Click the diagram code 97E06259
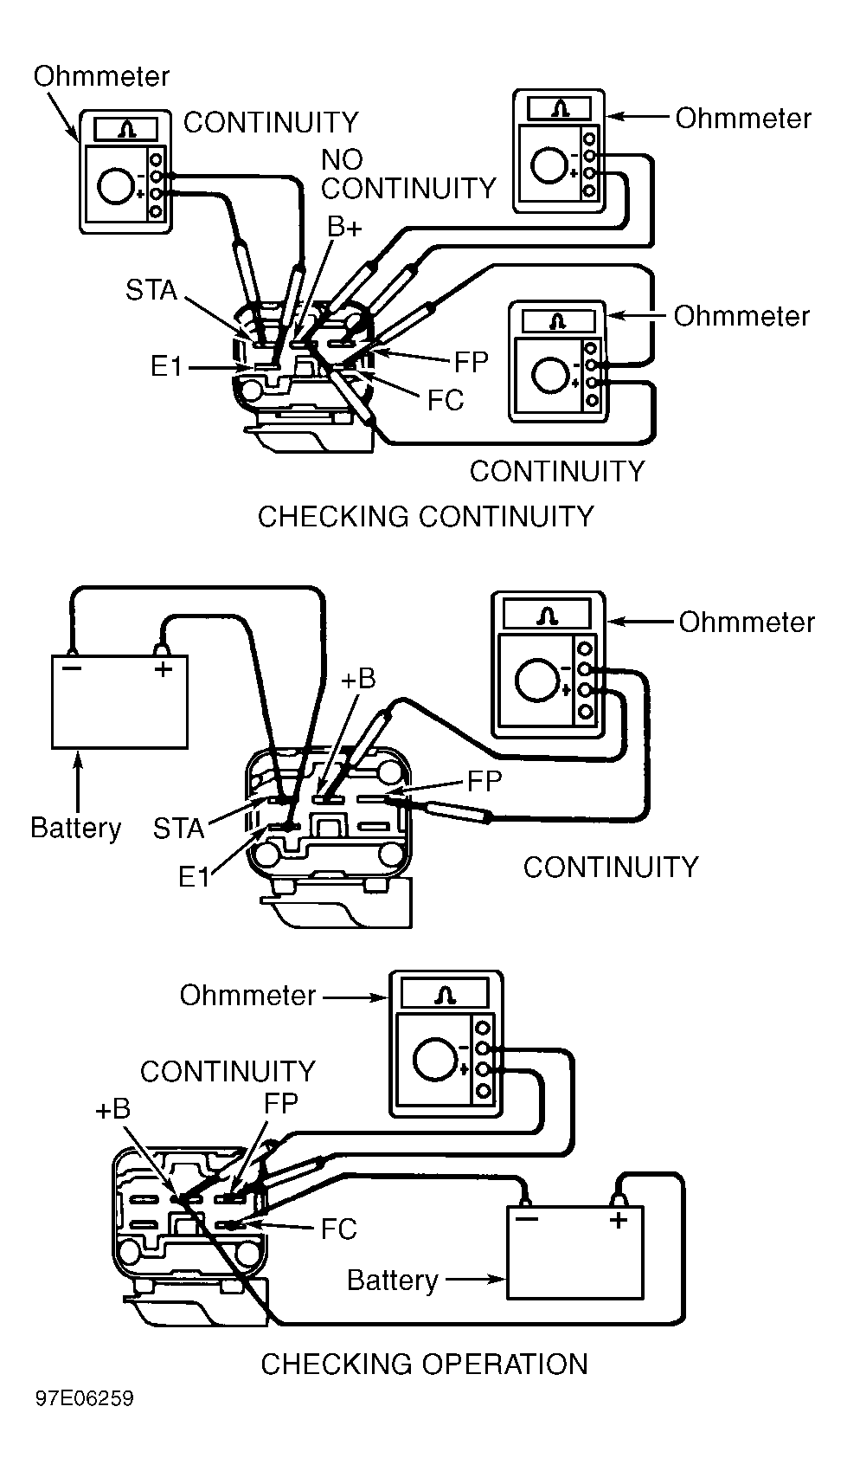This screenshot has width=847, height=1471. click(x=85, y=1399)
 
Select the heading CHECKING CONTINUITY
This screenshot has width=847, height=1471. click(x=426, y=517)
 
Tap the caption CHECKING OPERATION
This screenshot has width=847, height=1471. click(x=424, y=1365)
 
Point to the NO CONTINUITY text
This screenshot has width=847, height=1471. click(x=407, y=174)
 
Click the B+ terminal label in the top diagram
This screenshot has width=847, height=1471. click(x=344, y=227)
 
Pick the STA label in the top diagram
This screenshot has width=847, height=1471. click(x=151, y=290)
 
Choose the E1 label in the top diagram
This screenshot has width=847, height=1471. click(x=167, y=367)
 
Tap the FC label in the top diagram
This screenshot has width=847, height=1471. click(x=446, y=400)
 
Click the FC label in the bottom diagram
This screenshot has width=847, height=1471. click(x=338, y=1229)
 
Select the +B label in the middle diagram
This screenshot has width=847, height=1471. click(x=357, y=679)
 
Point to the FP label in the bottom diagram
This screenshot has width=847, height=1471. click(x=280, y=1103)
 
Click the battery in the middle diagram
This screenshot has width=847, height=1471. click(x=119, y=703)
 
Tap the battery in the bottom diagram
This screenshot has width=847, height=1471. click(x=574, y=1253)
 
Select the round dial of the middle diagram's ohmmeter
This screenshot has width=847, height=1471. click(x=534, y=679)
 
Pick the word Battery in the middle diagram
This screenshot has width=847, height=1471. click(x=75, y=828)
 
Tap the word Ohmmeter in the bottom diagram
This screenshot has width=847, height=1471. click(x=247, y=996)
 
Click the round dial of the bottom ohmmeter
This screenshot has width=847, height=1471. click(x=433, y=1058)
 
